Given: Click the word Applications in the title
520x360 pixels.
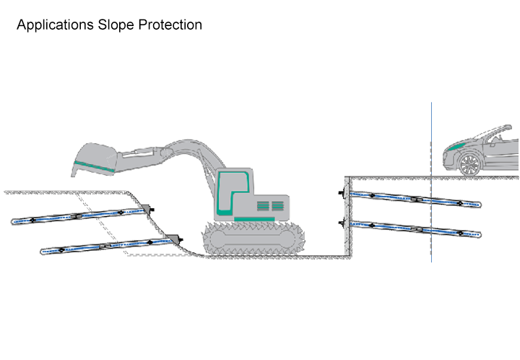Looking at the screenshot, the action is [55, 25].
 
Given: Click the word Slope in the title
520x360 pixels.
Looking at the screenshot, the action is [116, 25].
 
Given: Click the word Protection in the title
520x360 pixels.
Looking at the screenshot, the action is [170, 25].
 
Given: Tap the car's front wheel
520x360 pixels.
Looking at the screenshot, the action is [469, 164].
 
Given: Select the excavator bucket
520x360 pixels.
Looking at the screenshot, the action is [95, 160].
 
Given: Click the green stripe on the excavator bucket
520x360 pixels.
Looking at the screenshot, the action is [94, 166].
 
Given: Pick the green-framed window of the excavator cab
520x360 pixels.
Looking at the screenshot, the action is [232, 193].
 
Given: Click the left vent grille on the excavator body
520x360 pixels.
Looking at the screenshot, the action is [263, 206].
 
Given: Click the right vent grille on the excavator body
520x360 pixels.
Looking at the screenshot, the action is [278, 206].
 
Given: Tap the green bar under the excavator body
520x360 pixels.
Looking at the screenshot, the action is [254, 219].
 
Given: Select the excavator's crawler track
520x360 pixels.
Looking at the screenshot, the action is [253, 239].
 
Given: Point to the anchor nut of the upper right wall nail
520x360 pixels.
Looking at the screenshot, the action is [341, 192].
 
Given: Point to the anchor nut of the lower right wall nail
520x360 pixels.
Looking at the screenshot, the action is [341, 223].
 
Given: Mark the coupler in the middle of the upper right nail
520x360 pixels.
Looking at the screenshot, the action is [417, 199].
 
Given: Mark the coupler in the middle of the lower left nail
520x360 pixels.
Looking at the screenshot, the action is [107, 246].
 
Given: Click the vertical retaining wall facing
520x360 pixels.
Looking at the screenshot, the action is [347, 216].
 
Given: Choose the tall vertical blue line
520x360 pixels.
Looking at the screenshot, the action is [431, 182].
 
